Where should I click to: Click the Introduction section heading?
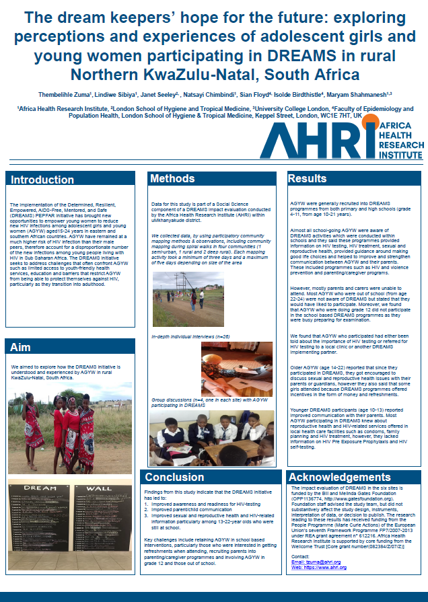coord(42,180)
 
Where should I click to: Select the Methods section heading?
coord(172,179)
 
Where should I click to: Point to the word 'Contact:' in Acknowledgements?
coord(301,556)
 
